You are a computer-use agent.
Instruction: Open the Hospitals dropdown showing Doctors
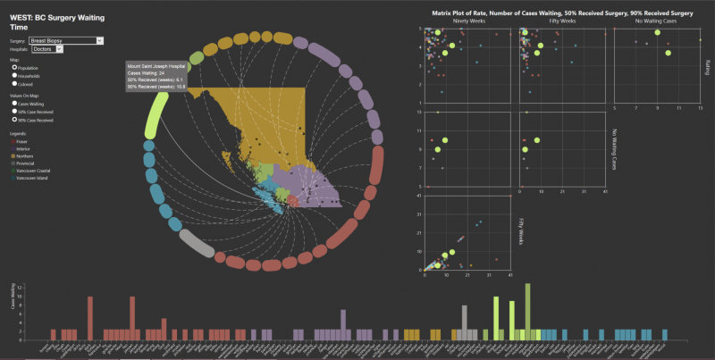tap(46, 49)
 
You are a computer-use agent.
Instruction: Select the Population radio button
tap(13, 67)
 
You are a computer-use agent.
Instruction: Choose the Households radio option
tap(13, 75)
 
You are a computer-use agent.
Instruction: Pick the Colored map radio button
tap(13, 82)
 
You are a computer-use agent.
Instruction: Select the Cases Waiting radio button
tap(13, 104)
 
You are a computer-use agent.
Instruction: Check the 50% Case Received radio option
tap(13, 111)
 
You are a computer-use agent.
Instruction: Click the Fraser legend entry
tap(21, 140)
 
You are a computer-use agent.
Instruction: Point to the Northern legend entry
tap(22, 155)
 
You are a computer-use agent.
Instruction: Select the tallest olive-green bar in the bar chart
tap(527, 311)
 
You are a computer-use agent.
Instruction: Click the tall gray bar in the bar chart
tap(464, 322)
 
